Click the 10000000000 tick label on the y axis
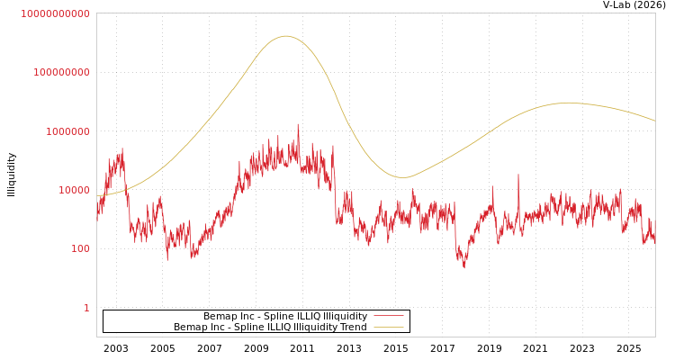pyautogui.click(x=55, y=13)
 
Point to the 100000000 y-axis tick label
pyautogui.click(x=61, y=72)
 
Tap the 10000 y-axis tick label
pyautogui.click(x=73, y=190)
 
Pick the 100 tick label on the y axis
pyautogui.click(x=79, y=248)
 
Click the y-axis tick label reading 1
pyautogui.click(x=86, y=308)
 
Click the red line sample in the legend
pyautogui.click(x=388, y=316)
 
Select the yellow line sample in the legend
pyautogui.click(x=388, y=328)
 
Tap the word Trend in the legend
pyautogui.click(x=352, y=328)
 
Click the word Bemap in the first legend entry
pyautogui.click(x=220, y=317)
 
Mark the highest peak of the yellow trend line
pyautogui.click(x=286, y=36)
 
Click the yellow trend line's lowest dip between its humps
pyautogui.click(x=402, y=177)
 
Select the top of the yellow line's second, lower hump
pyautogui.click(x=567, y=103)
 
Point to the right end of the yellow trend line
pyautogui.click(x=654, y=121)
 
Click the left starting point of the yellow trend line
pyautogui.click(x=97, y=196)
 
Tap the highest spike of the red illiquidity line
pyautogui.click(x=298, y=124)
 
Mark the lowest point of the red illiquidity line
pyautogui.click(x=464, y=268)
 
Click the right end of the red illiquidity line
pyautogui.click(x=654, y=241)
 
